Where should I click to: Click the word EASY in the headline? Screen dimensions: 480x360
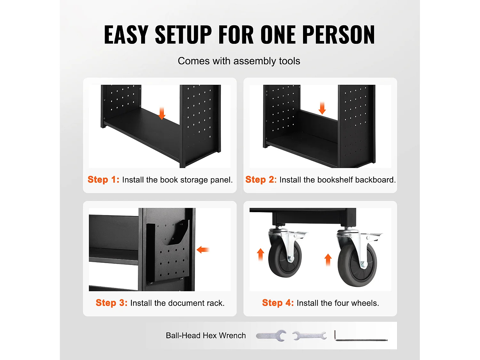point(126,35)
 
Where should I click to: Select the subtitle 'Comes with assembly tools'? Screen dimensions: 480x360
point(239,61)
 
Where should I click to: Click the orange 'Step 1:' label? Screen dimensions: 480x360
point(103,180)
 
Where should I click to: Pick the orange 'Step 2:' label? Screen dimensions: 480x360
point(261,180)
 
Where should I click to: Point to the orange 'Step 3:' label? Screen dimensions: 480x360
point(112,303)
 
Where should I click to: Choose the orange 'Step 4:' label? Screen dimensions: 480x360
point(278,303)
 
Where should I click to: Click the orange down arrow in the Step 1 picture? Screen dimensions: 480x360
point(162,114)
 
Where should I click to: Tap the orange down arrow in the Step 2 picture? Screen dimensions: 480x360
point(322,108)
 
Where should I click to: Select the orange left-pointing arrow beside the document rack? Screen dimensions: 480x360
point(203,250)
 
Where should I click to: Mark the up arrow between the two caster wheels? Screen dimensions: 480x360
point(328,260)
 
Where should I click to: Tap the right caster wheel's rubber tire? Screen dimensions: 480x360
point(357,265)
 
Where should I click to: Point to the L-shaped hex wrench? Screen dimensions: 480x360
point(361,340)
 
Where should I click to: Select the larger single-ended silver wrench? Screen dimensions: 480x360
point(271,335)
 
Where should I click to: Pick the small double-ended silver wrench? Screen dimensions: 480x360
point(309,336)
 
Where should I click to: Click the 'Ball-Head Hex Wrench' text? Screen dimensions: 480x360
point(206,335)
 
